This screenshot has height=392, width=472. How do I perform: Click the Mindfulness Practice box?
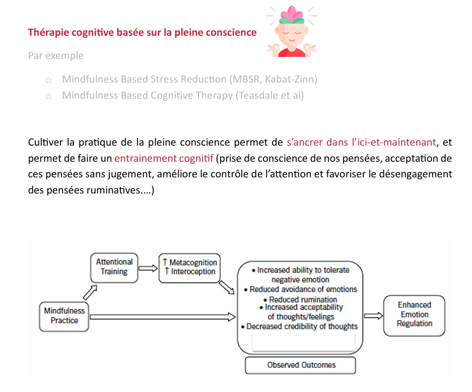tap(64, 317)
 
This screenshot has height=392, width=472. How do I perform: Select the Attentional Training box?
tap(114, 268)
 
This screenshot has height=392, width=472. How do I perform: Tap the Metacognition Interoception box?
tap(189, 268)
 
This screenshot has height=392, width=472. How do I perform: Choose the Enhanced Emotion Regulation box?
tap(414, 315)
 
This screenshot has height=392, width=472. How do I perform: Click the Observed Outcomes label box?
tap(300, 365)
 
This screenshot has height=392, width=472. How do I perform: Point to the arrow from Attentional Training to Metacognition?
tap(148, 268)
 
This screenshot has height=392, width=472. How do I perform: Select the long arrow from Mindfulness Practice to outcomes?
tap(163, 317)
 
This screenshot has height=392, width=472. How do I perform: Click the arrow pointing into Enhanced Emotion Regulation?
tap(374, 316)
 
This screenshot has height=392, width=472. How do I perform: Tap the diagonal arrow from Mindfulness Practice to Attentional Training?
tap(90, 292)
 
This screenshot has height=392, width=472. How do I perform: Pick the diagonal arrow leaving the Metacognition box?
tap(227, 287)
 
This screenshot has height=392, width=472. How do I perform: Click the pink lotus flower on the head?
tap(291, 15)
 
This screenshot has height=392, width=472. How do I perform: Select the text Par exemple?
tap(56, 56)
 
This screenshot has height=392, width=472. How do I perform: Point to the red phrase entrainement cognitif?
tap(164, 158)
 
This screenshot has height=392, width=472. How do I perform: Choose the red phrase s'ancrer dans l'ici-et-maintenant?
tap(362, 142)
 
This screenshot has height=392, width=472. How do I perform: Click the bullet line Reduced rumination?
tap(300, 300)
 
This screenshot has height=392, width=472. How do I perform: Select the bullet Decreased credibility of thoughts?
tap(299, 326)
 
